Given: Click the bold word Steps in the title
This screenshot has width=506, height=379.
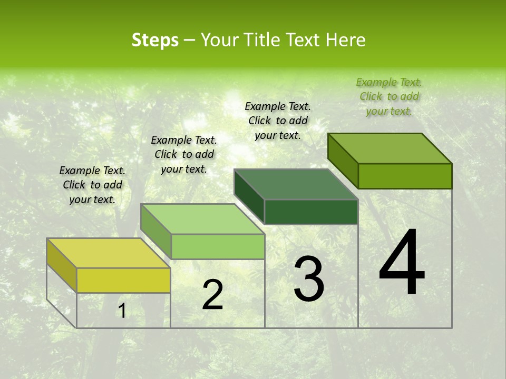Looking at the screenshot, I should pos(155,40).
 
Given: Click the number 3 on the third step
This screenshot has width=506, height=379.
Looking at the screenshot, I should pos(309,279).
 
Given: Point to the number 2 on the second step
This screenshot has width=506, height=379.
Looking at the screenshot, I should pos(212,295).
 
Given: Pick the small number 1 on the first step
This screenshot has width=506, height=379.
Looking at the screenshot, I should pos(122,311).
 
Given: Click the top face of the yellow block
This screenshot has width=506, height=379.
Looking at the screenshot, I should pos(109,253).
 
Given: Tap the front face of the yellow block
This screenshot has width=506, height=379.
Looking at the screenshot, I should pos(123,280).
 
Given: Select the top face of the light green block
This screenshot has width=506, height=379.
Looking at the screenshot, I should pos(202,219).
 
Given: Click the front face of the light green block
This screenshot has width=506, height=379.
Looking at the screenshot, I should pos(218,246).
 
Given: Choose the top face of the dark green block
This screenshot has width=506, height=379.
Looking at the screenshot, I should pos(296,184).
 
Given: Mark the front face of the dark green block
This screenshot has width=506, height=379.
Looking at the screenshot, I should pos(311,212).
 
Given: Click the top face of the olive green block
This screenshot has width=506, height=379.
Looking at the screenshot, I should pos(390,148).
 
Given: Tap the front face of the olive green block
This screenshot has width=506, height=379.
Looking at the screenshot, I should pos(405,176).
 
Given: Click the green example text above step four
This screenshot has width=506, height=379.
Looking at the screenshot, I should pos(389,96).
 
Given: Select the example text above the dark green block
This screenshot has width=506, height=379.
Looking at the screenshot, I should pos(278,121).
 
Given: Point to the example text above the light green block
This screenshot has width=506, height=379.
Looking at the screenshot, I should pos(184,154).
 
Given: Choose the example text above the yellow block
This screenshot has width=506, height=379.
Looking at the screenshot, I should pos(92,185).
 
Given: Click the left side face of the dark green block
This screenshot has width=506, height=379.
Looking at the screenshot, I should pos(249,196).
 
